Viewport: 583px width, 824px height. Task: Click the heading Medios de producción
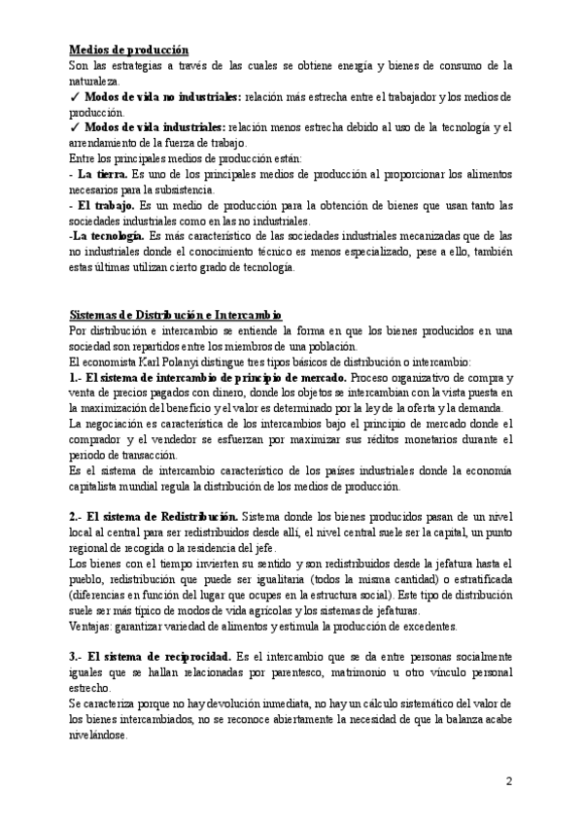pos(129,50)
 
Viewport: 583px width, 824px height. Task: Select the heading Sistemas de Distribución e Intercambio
pos(176,315)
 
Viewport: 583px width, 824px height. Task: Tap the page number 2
pos(509,781)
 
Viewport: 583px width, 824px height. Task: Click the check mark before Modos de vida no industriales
pos(75,97)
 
